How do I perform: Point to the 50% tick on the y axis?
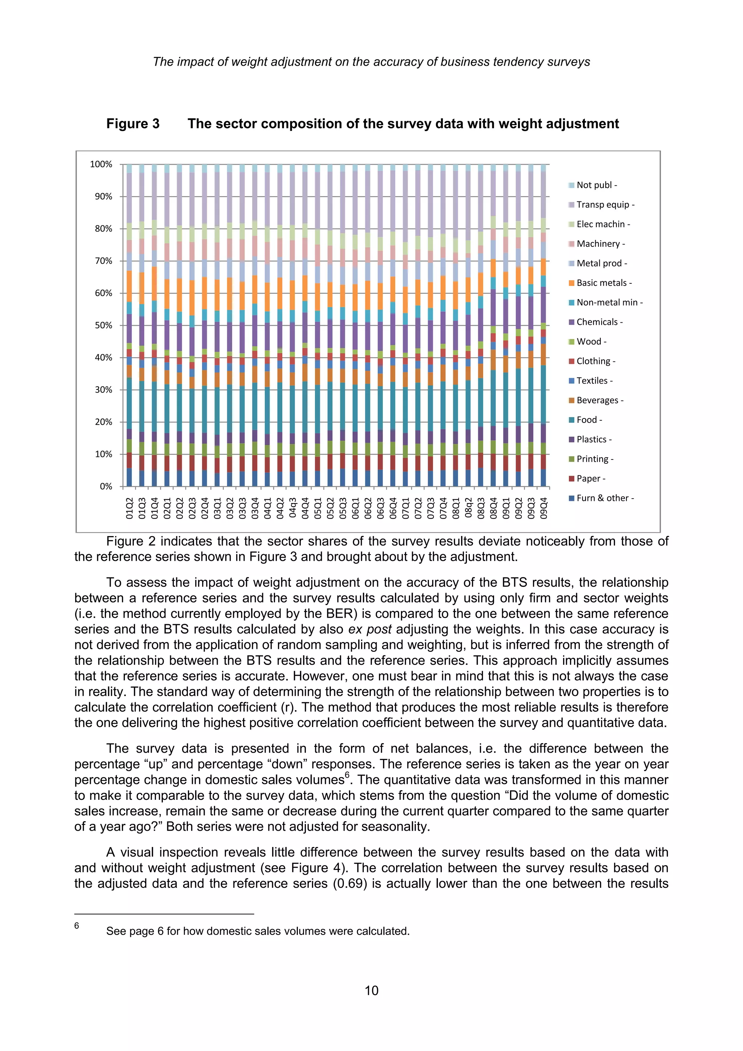click(103, 326)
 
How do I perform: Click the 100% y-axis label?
click(101, 164)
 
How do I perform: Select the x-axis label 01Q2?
click(130, 508)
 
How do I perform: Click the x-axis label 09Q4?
click(543, 508)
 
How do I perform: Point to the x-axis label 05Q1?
click(317, 508)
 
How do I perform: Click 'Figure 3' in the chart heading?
click(133, 124)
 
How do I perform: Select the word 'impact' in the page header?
click(196, 62)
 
